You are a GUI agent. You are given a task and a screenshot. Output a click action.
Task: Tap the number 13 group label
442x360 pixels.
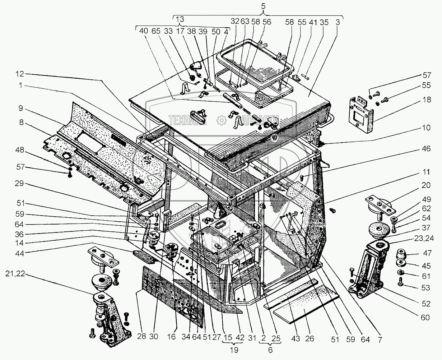tap(180, 19)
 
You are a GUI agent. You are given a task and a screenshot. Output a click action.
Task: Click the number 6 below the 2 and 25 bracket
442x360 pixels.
tap(271, 349)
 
